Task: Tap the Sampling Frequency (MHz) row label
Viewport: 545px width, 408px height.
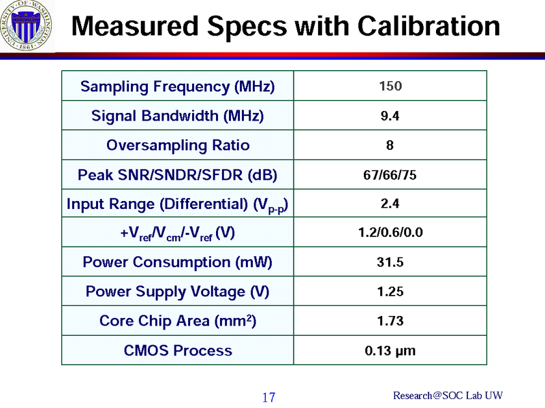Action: point(177,87)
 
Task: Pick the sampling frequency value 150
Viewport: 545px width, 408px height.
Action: point(390,87)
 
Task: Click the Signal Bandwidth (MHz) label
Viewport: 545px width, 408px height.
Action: point(177,116)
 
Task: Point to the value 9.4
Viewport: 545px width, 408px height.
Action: point(390,116)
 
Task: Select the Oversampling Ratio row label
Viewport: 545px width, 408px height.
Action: point(177,145)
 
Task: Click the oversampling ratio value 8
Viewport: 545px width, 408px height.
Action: point(390,145)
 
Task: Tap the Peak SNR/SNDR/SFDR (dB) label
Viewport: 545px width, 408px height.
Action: point(177,174)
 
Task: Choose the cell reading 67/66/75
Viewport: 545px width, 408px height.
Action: point(390,174)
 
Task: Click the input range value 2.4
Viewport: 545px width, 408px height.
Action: point(390,203)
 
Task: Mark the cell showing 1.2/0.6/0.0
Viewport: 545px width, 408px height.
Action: point(390,233)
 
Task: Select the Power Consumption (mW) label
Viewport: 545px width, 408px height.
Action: point(177,262)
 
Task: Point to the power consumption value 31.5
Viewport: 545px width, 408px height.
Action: point(390,262)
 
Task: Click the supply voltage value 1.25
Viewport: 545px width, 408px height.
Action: point(390,292)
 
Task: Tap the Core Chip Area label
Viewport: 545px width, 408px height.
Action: point(177,320)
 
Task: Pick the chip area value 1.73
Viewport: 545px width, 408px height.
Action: point(390,321)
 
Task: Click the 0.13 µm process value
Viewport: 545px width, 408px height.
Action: point(390,351)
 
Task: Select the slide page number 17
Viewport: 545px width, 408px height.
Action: point(268,397)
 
